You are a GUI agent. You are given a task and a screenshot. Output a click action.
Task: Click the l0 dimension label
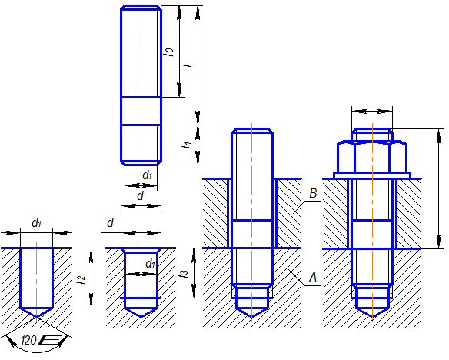(x=169, y=52)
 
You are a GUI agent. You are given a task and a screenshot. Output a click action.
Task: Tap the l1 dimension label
(x=187, y=145)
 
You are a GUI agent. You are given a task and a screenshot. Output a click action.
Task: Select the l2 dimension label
(x=80, y=279)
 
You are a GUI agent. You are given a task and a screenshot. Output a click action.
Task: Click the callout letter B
(x=313, y=193)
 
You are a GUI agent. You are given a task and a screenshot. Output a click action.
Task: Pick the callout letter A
(x=313, y=277)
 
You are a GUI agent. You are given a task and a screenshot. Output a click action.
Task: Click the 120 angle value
(x=28, y=341)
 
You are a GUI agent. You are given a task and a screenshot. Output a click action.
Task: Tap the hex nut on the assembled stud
(x=372, y=157)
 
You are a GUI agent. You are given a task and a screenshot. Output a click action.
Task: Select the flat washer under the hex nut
(x=372, y=175)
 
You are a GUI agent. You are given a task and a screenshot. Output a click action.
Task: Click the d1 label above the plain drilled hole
(x=37, y=222)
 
